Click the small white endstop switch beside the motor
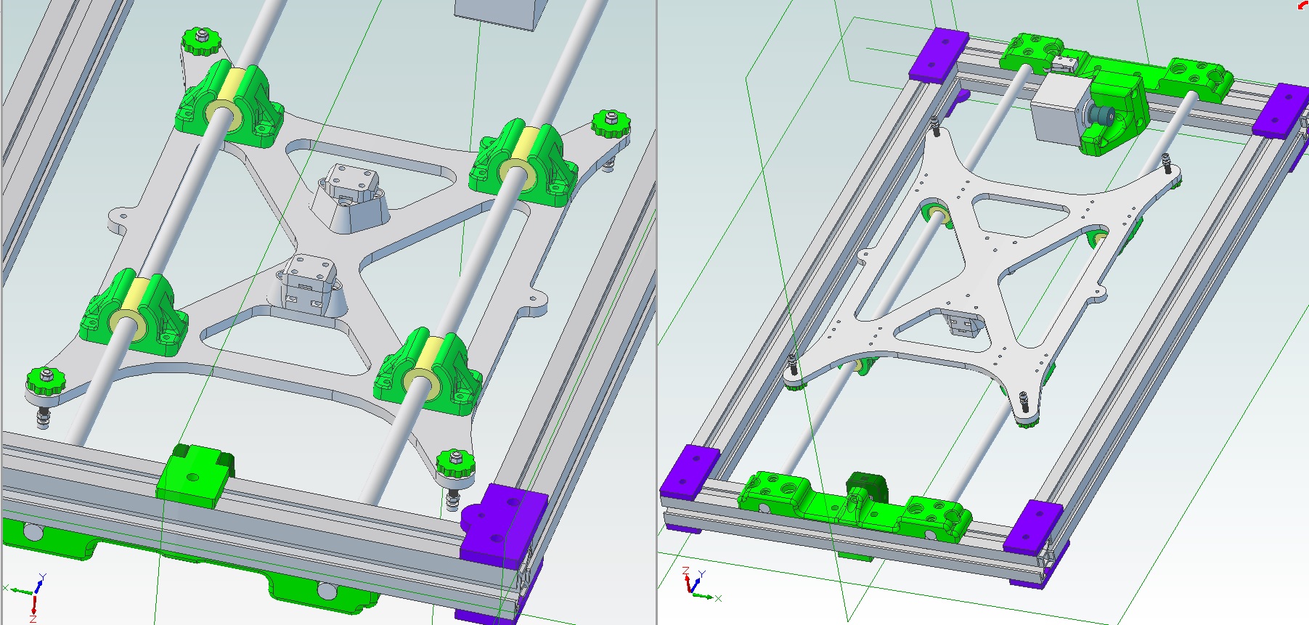tap(1064, 64)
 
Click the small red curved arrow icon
tap(1303, 5)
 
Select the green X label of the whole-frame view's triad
tap(718, 598)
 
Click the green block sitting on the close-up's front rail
tap(195, 475)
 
